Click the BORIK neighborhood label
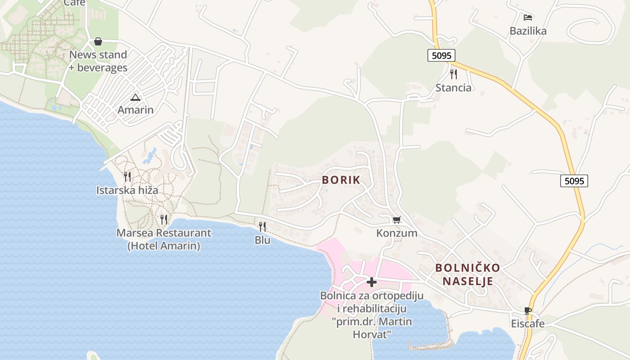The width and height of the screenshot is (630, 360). tap(341, 180)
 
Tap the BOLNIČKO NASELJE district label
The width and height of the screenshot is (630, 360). tap(468, 274)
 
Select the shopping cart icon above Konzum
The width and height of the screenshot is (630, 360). tap(396, 220)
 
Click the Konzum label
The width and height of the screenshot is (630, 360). tap(397, 233)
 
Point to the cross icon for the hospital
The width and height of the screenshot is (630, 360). tap(372, 282)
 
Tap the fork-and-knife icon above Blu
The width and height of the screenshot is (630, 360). tap(262, 226)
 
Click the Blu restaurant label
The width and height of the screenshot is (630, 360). tap(262, 240)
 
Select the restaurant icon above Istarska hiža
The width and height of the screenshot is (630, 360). tap(127, 176)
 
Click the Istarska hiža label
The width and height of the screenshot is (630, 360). tap(127, 190)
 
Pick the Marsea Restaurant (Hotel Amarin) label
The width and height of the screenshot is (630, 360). tap(164, 239)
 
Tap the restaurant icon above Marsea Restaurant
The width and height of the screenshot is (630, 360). tap(164, 219)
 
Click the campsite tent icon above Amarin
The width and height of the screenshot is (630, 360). tap(135, 97)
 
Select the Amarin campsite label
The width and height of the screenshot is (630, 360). tap(135, 110)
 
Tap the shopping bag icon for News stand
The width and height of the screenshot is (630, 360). tap(98, 42)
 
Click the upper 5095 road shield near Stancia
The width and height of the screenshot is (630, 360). tap(441, 55)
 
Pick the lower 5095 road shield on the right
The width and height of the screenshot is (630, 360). tap(574, 181)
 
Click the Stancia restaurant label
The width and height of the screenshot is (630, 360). tap(453, 87)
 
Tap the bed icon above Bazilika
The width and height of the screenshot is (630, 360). tap(528, 18)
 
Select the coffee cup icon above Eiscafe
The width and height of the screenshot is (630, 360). tap(528, 310)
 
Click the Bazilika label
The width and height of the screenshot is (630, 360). tap(528, 31)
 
